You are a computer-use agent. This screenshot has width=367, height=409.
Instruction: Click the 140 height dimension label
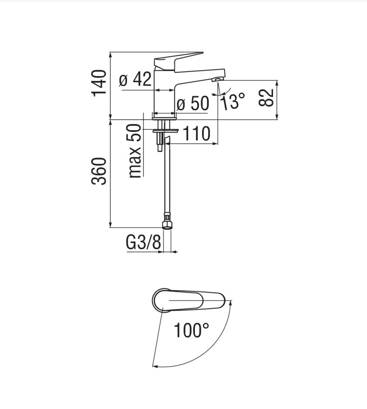pos(99,83)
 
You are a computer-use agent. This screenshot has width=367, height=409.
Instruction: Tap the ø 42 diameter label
pos(135,79)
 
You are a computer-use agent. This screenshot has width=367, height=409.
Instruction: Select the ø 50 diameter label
pos(193,103)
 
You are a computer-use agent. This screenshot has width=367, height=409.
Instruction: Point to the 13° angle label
pos(233,101)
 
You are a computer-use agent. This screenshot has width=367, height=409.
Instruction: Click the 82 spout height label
pos(266,98)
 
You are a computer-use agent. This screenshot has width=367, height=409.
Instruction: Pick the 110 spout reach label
pos(196,133)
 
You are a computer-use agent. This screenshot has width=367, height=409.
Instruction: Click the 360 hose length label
pos(99,171)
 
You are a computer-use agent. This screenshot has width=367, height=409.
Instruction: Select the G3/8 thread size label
pos(143,243)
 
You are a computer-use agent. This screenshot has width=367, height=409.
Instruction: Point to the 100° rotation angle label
pos(191,330)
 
